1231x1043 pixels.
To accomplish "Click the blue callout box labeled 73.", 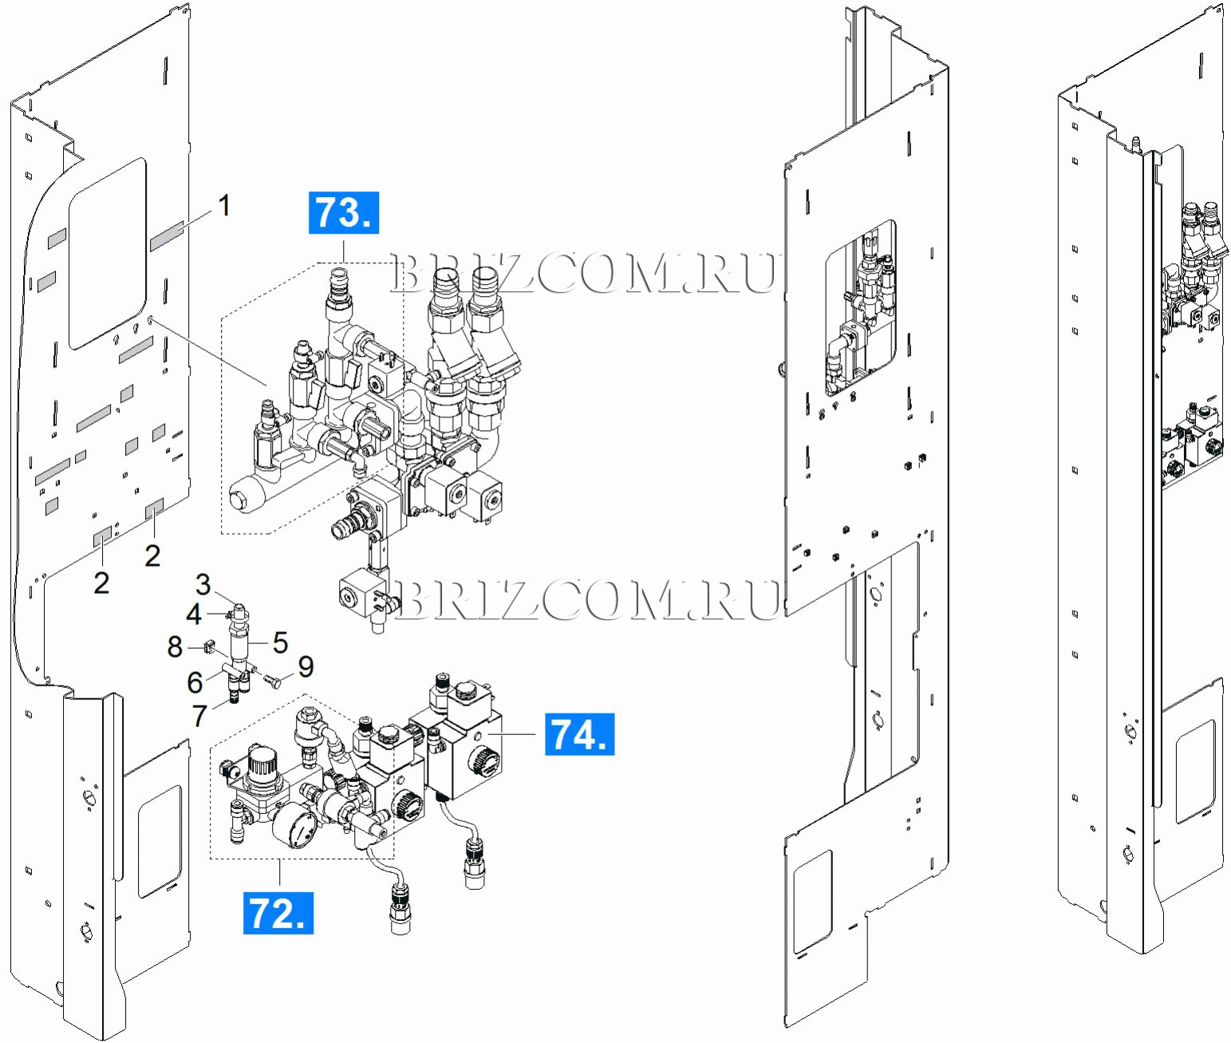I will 343,212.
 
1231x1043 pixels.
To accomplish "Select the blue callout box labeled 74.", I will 579,734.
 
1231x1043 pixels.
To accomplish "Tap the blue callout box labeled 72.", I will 278,913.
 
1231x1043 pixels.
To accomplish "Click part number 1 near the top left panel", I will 224,205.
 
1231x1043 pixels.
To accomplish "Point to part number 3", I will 203,584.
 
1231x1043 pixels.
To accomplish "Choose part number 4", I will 194,614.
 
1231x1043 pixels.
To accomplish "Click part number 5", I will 280,642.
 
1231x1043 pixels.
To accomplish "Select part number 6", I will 195,682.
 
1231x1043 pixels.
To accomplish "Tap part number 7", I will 200,716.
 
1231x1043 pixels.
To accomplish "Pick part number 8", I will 176,646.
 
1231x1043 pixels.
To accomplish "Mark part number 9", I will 306,666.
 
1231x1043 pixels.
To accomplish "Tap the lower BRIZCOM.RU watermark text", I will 587,599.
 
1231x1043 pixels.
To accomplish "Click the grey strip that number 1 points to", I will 167,236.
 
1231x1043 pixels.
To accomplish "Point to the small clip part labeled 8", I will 211,644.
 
